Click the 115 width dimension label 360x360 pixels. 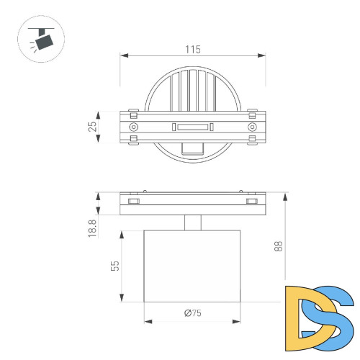click(192, 49)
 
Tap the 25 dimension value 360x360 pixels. click(92, 127)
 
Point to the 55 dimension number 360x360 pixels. click(114, 266)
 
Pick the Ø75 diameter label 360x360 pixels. click(192, 312)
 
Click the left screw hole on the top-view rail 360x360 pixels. click(132, 127)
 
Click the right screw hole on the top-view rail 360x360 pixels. click(252, 127)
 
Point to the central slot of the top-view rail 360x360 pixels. click(192, 127)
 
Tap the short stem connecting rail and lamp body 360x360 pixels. click(192, 222)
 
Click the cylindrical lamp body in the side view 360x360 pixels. click(192, 266)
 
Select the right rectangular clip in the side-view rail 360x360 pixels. click(251, 202)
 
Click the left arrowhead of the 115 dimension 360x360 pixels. click(123, 55)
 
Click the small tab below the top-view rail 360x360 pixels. click(192, 148)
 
